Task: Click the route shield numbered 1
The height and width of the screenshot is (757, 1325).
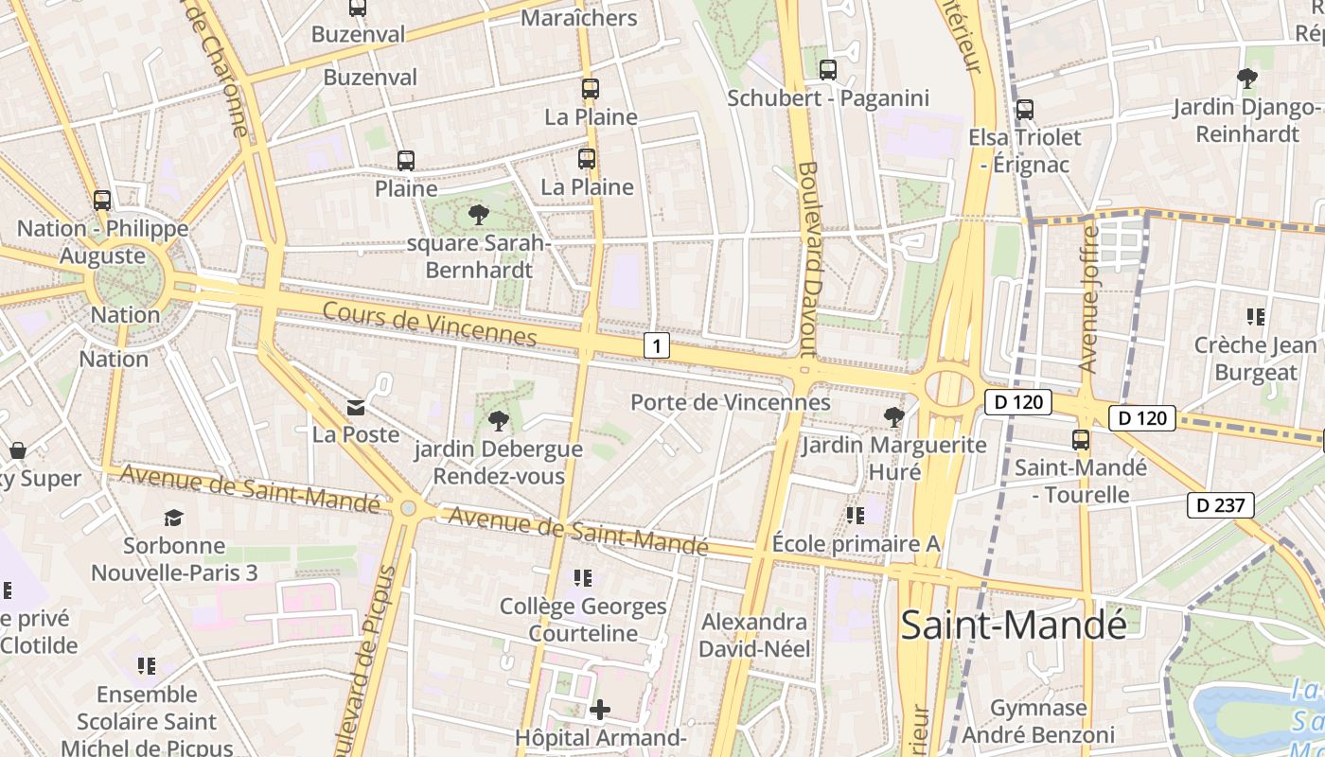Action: (x=656, y=345)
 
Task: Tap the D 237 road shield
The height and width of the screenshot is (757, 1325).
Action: (x=1220, y=505)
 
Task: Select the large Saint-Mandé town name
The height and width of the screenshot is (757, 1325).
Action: (x=1014, y=625)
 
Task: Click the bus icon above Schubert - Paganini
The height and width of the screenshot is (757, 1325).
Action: (x=827, y=69)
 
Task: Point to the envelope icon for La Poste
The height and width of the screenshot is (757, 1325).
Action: (x=356, y=408)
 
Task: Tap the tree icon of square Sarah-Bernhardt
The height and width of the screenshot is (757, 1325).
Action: (x=479, y=215)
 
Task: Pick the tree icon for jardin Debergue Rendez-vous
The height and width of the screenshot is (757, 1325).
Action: (x=498, y=421)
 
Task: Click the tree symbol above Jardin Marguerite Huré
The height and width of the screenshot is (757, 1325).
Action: (x=893, y=416)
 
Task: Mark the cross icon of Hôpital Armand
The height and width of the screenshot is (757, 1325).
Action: (x=600, y=709)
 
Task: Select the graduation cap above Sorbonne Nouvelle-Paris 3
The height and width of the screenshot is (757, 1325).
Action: (x=173, y=518)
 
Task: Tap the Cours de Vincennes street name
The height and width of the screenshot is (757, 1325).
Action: (x=430, y=325)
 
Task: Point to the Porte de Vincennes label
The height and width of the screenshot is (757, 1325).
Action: (x=731, y=402)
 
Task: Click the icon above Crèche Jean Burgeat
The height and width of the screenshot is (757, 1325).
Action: (x=1255, y=317)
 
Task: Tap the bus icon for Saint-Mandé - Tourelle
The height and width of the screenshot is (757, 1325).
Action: (x=1081, y=440)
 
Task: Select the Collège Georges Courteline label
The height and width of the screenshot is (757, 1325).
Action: (x=583, y=619)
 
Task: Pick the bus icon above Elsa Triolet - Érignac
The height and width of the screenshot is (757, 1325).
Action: (x=1024, y=110)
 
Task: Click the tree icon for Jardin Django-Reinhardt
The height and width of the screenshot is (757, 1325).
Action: (x=1247, y=78)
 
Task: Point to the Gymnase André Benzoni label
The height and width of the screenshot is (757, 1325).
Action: (x=1038, y=721)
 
